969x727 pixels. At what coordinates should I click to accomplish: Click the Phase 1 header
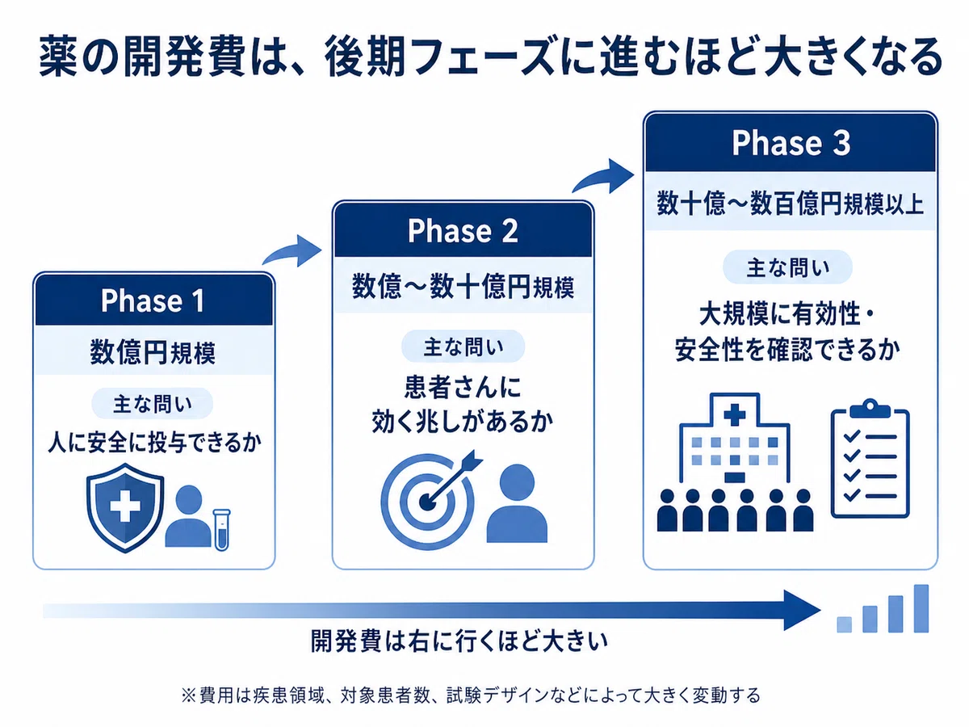(153, 300)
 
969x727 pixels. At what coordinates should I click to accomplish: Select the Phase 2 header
(463, 230)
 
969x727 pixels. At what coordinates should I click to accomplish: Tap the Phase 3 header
(791, 143)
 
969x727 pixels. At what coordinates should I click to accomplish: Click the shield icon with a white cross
(125, 507)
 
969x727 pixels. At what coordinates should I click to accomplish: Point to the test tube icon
(221, 530)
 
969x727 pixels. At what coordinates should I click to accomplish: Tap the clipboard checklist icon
(870, 459)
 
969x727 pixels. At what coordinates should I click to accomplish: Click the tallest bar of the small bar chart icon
(921, 608)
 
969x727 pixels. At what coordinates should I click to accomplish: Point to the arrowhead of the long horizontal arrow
(802, 611)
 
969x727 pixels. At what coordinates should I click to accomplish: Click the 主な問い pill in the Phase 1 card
(153, 403)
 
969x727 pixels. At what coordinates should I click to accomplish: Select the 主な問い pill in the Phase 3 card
(787, 267)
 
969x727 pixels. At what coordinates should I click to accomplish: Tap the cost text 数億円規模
(153, 352)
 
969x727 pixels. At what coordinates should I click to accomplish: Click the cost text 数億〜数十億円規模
(463, 287)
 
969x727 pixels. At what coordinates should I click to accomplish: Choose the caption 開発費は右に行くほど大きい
(459, 641)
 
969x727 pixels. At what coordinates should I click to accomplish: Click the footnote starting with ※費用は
(471, 695)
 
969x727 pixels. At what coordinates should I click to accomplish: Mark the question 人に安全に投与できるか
(154, 443)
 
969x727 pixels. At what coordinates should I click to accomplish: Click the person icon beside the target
(517, 503)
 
